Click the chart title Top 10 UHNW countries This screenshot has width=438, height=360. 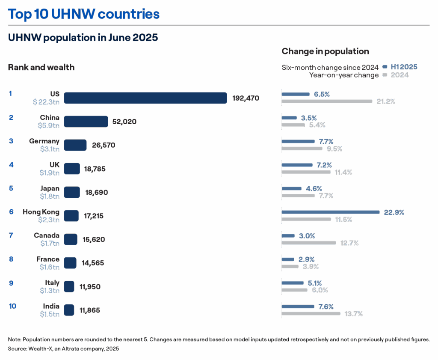(x=84, y=14)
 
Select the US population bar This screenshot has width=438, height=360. (x=145, y=98)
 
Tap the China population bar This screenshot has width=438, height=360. (x=86, y=122)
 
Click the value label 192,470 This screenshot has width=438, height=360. (x=246, y=98)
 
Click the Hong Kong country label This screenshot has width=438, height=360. (x=41, y=212)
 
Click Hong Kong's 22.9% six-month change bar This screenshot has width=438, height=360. (x=330, y=212)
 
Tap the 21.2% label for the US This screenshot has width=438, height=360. (x=385, y=102)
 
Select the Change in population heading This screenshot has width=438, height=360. (x=325, y=51)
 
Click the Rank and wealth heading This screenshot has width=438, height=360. (x=41, y=67)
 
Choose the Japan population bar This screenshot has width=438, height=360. (x=72, y=192)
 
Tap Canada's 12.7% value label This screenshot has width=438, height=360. (x=349, y=243)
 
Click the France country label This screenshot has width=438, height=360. (x=48, y=259)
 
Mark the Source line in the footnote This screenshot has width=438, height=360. (x=63, y=349)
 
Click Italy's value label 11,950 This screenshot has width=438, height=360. (x=90, y=287)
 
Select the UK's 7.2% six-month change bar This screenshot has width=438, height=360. (x=297, y=165)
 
